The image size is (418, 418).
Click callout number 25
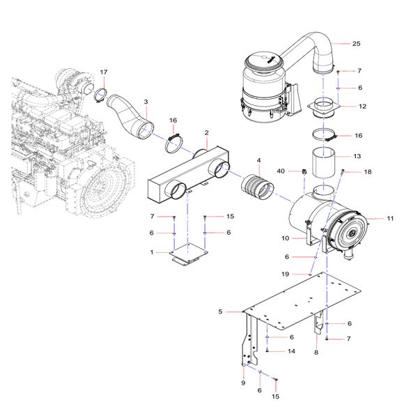coord(356,44)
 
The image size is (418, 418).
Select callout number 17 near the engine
coord(104,72)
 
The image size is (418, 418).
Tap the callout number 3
coord(146,102)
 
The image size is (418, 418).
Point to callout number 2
coord(206,132)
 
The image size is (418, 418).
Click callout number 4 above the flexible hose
coord(258,161)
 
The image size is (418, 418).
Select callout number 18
coord(368,171)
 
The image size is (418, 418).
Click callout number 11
coord(390,219)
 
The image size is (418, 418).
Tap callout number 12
coord(362,107)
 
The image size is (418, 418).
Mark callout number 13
coord(357,157)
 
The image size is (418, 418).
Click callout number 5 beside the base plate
coord(220,311)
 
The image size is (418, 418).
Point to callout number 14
coord(292,352)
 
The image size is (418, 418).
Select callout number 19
coord(285,274)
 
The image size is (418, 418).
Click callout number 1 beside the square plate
coord(152,252)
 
